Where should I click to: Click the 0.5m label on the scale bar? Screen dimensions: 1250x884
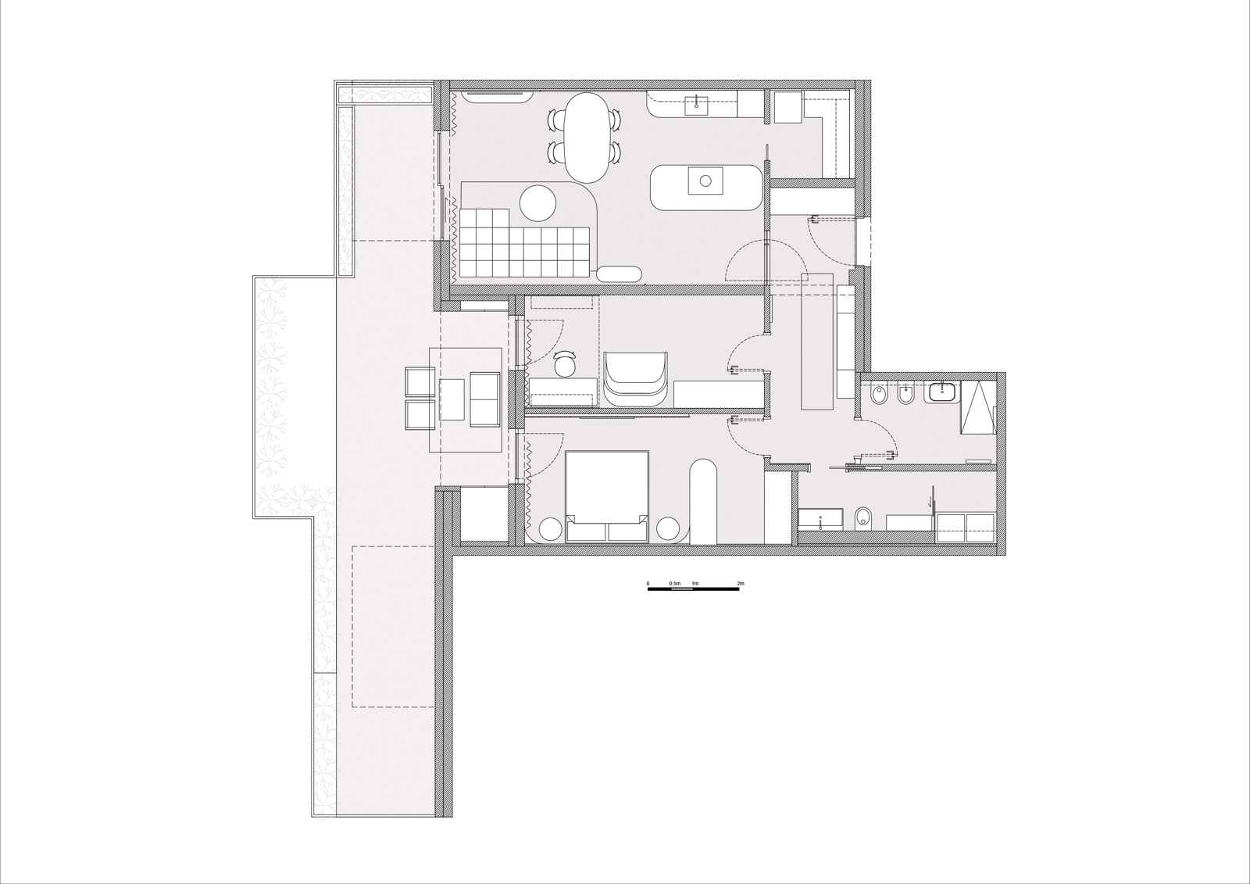(675, 584)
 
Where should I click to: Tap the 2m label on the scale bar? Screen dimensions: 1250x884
(741, 584)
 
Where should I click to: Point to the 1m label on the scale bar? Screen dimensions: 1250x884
(695, 584)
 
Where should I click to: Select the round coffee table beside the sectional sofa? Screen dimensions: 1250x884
(538, 202)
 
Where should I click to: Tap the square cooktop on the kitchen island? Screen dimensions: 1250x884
(705, 181)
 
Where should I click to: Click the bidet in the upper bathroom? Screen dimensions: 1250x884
(906, 395)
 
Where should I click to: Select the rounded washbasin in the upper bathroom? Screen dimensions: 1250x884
(942, 392)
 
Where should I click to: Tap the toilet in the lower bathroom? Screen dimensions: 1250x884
(862, 517)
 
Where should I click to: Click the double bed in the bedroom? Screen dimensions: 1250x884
(607, 496)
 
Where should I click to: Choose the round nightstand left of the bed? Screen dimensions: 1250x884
(550, 529)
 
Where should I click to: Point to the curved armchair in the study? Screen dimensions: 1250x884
(636, 379)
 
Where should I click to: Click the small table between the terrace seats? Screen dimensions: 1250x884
(452, 399)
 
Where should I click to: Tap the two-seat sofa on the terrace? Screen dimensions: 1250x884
(484, 399)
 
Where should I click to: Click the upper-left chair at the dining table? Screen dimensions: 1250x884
(556, 120)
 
